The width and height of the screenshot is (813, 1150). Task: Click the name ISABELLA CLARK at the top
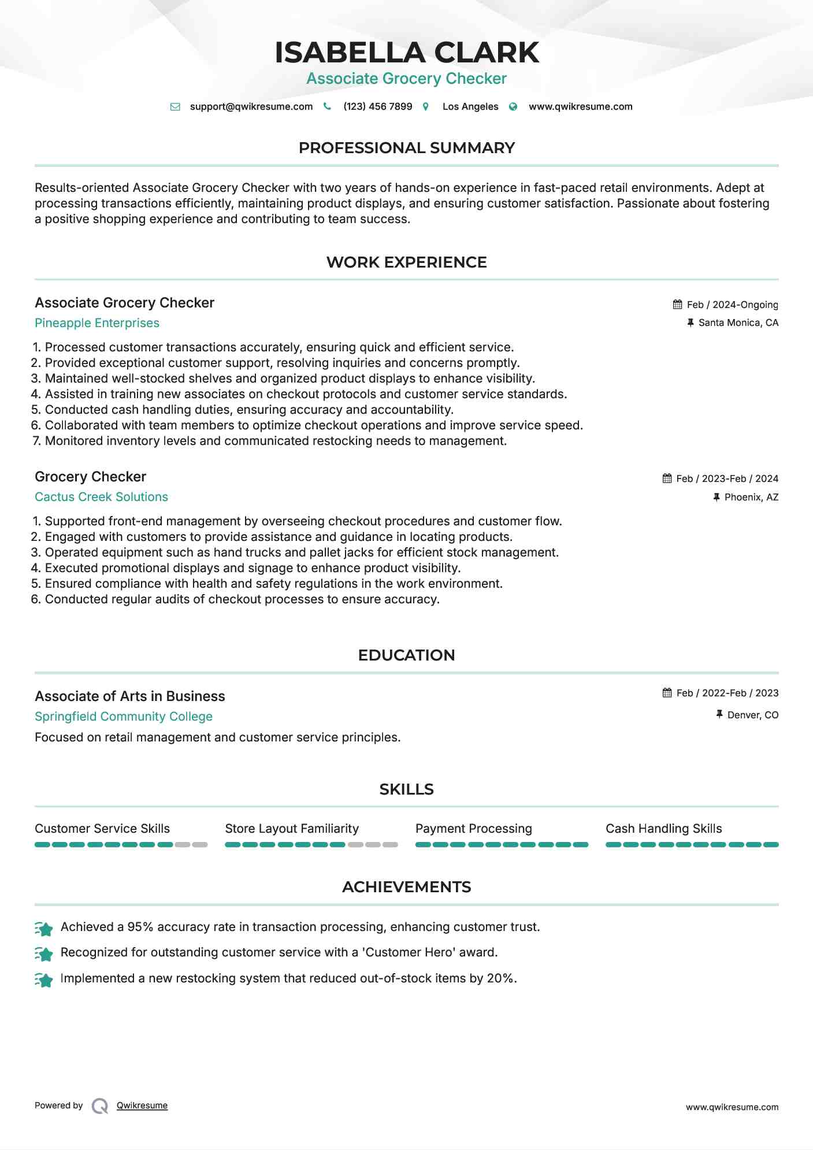406,53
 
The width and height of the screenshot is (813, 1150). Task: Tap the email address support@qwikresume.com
251,106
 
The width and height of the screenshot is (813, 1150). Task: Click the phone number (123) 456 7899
377,106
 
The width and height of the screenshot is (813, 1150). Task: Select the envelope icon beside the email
175,106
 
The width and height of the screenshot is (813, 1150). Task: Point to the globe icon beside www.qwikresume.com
513,106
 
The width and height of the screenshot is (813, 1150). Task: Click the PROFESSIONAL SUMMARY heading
406,148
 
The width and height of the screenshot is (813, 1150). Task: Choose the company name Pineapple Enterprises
97,323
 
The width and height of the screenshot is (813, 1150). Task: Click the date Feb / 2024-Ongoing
732,305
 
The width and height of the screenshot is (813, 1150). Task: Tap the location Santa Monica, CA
738,322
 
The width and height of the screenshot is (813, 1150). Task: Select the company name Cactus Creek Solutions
101,497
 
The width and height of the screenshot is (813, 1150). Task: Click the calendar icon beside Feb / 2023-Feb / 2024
667,478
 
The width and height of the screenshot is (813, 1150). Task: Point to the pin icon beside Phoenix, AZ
717,497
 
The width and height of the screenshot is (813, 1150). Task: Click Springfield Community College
124,717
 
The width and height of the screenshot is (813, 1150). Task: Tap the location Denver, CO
752,715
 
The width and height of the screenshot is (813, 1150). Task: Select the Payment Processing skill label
473,829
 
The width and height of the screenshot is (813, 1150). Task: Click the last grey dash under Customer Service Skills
200,845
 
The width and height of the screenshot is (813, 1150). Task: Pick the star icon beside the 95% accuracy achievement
44,928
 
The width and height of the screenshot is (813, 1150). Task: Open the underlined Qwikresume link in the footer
142,1106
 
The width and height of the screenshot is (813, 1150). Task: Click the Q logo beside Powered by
100,1106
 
